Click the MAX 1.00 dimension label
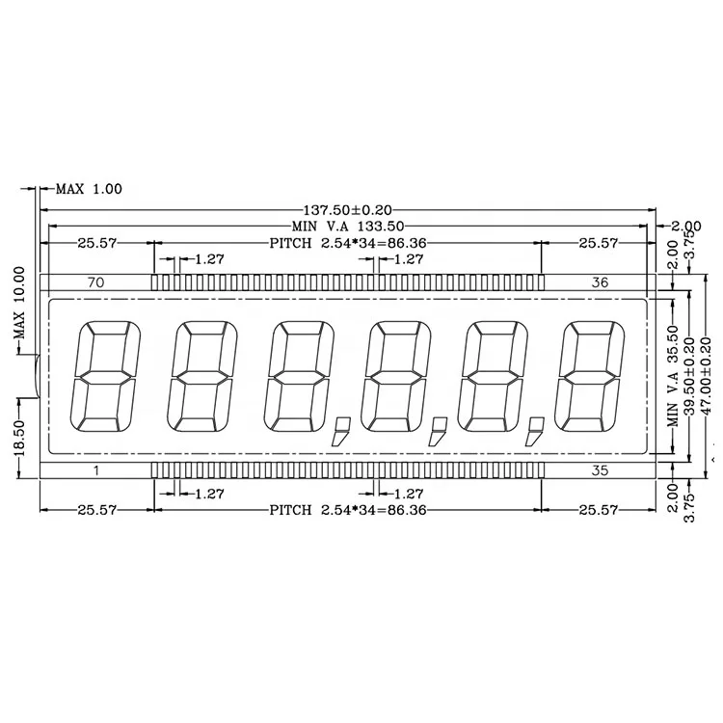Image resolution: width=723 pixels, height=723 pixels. (x=89, y=189)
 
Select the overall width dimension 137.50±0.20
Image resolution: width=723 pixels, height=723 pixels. (x=351, y=209)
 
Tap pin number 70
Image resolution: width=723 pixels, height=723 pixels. (x=95, y=282)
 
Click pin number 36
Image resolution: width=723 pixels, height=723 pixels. (x=599, y=282)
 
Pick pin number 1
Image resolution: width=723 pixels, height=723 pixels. (x=95, y=470)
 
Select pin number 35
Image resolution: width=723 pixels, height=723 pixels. (x=599, y=470)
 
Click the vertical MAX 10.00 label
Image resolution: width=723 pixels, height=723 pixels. (x=17, y=298)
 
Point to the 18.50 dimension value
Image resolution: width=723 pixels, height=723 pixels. (x=17, y=435)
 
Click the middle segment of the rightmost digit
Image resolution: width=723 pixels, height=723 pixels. (x=590, y=376)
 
